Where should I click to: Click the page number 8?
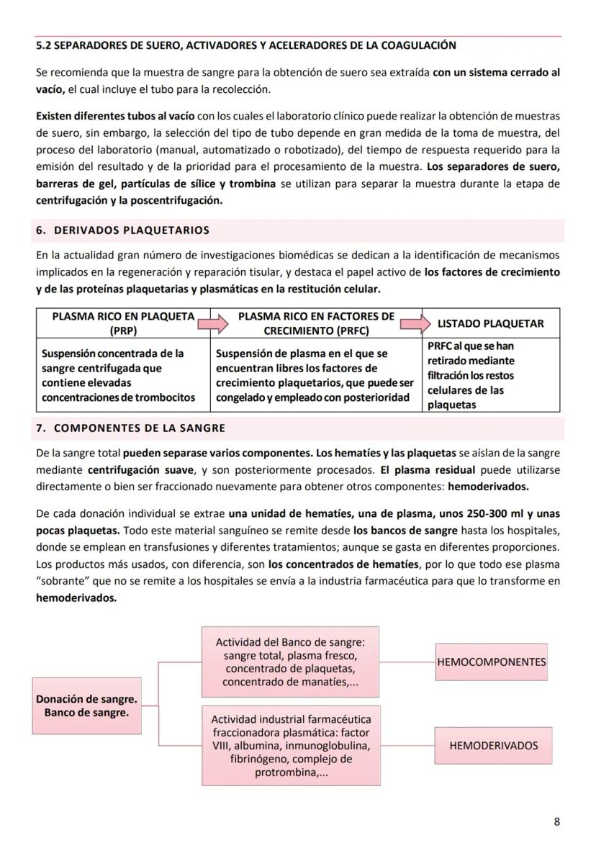click(x=556, y=821)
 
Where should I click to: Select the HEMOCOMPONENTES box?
click(x=492, y=662)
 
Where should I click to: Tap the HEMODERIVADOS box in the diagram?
click(x=493, y=746)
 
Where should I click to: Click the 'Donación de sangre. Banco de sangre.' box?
click(x=86, y=705)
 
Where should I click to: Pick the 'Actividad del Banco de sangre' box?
click(x=290, y=662)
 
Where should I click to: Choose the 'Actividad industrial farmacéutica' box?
click(x=291, y=746)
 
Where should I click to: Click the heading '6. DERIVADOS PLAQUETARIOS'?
click(x=122, y=230)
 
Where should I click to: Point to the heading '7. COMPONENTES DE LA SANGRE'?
click(x=130, y=428)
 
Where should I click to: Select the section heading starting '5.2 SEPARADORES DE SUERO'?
click(x=245, y=45)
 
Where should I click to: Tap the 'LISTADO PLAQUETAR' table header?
click(x=490, y=324)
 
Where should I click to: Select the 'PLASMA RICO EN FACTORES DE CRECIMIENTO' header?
click(x=316, y=324)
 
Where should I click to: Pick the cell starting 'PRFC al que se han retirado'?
click(x=490, y=375)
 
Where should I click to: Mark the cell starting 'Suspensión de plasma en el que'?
click(x=316, y=375)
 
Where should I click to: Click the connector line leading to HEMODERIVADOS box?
click(x=407, y=746)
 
